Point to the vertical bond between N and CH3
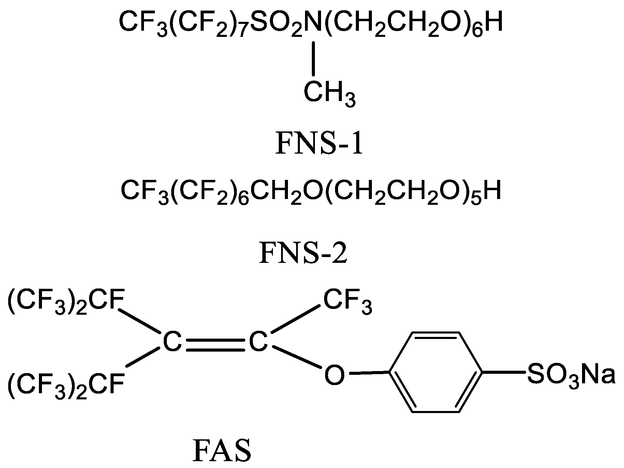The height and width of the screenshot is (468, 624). coord(314,58)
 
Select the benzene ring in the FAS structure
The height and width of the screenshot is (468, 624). coord(436,372)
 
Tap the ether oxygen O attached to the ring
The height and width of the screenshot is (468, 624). coord(334,374)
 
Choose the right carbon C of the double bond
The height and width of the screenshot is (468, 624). coord(258,342)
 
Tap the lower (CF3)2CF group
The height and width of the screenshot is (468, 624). coord(66,385)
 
